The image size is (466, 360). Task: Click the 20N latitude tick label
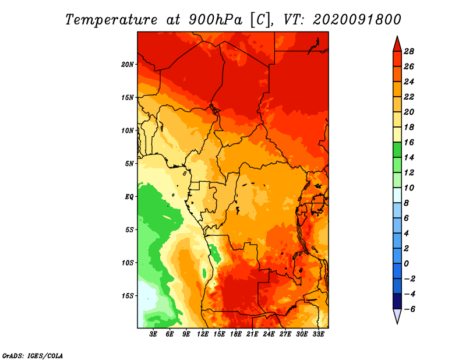128,65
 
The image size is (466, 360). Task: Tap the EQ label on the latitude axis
129,197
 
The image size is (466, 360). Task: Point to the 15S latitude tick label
128,296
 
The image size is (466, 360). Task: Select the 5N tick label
129,164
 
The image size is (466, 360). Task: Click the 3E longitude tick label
153,334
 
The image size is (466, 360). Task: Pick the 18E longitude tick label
236,334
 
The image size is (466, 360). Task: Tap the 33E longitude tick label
318,334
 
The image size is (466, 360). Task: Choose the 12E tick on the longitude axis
203,334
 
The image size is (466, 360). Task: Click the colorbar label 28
409,51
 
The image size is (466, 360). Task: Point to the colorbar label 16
409,142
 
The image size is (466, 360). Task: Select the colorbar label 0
406,264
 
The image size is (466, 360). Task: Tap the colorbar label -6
409,309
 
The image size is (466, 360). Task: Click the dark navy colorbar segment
397,301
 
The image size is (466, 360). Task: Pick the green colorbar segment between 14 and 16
397,150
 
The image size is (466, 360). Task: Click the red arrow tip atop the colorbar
397,36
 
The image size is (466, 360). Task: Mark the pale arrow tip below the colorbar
397,323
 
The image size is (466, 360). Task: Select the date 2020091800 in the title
357,20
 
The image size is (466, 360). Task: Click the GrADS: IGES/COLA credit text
33,356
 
